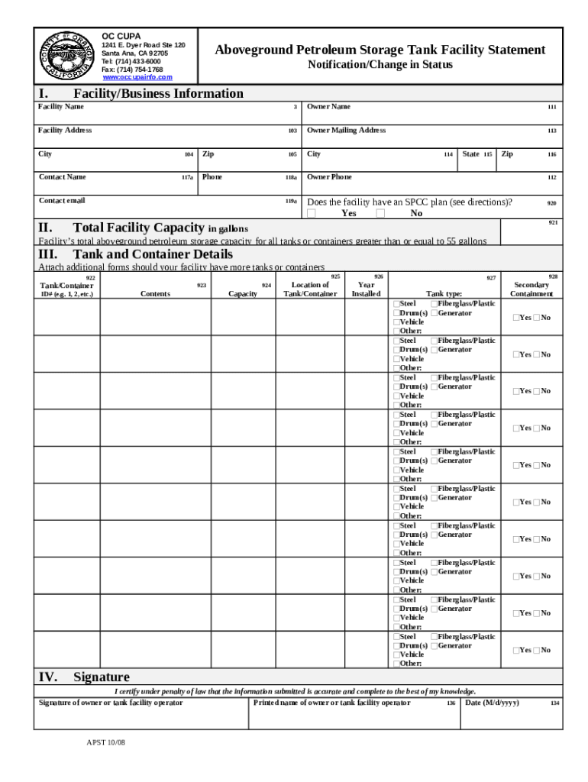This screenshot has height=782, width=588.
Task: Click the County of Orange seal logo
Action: point(66,56)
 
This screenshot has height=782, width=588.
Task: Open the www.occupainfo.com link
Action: point(137,77)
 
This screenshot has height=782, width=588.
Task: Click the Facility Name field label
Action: point(61,106)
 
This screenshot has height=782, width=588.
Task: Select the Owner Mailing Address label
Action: point(346,130)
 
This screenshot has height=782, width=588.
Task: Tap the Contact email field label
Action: point(62,201)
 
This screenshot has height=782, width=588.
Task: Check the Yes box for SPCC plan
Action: point(312,214)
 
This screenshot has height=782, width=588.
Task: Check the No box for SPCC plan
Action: point(380,214)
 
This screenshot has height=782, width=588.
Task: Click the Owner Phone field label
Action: point(329,177)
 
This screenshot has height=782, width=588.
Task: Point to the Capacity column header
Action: point(243,293)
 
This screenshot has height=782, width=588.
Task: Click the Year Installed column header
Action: point(366,289)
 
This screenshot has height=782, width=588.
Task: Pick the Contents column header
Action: point(156,293)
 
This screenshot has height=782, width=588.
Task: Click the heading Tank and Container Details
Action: point(153,254)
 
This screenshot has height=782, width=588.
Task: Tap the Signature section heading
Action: point(101,677)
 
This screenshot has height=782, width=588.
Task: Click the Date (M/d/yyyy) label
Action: point(492,703)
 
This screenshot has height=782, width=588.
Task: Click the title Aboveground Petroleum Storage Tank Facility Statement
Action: point(380,50)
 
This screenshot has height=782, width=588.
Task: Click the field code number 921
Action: point(553,223)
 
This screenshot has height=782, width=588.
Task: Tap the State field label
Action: point(471,153)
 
